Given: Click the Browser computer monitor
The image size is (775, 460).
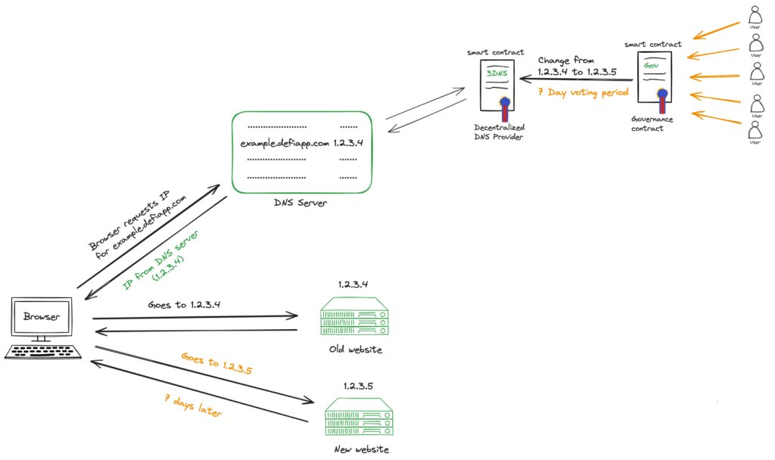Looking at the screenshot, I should click(42, 317).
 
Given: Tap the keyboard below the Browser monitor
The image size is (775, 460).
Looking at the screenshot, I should click(42, 352).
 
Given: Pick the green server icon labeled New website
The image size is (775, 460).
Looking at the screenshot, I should click(359, 418).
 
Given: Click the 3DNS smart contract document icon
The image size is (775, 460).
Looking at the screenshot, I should click(497, 85).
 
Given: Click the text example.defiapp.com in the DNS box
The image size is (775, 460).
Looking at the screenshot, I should click(285, 143).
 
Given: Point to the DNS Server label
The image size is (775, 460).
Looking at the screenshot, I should click(301, 203).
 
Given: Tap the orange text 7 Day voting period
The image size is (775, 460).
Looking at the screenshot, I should click(583, 92).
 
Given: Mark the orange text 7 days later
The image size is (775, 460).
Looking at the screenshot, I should click(194, 408).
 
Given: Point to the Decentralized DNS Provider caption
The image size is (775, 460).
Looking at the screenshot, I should click(499, 132).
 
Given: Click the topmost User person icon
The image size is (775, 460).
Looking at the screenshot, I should click(755, 15).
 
